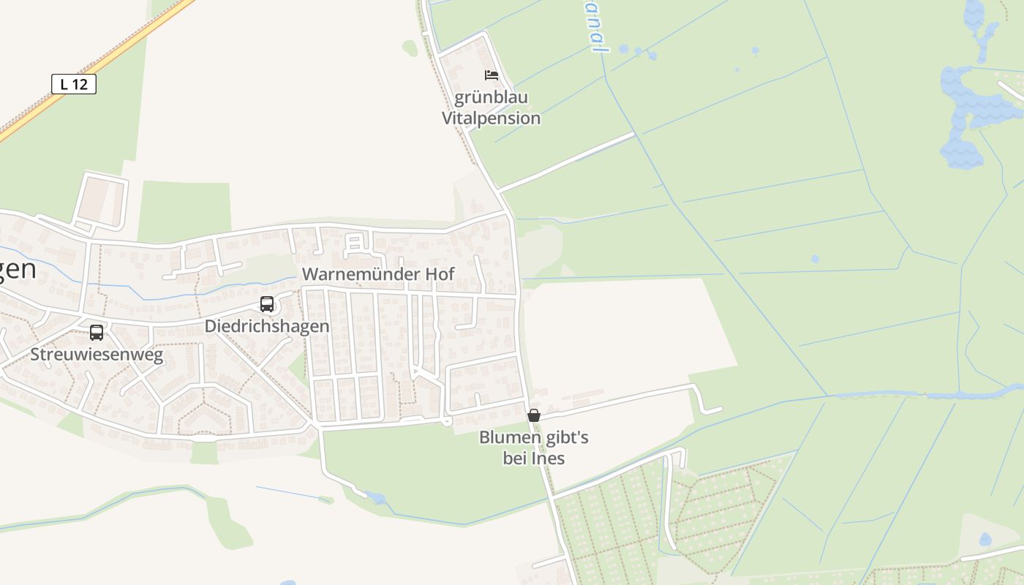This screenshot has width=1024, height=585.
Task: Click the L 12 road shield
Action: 74,84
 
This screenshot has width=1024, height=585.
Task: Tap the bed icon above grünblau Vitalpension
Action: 492,75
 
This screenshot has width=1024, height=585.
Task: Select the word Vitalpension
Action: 492,118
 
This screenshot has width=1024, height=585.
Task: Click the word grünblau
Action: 492,97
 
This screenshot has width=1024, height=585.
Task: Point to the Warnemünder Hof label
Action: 378,274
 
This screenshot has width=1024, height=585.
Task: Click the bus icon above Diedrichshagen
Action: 267,304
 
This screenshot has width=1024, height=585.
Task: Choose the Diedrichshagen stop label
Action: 267,326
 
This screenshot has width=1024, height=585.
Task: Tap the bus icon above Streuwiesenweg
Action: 97,333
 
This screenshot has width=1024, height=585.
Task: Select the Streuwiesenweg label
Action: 97,355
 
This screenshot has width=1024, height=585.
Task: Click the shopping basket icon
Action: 534,415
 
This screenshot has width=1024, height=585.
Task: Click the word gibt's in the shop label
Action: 566,438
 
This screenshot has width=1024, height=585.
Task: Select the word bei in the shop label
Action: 515,459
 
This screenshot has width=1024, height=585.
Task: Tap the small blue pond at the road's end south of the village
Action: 377,499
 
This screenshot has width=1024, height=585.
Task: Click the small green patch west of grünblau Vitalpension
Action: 410,48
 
